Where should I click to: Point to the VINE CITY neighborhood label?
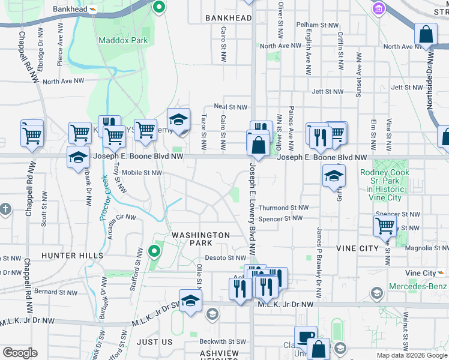pyautogui.click(x=357, y=248)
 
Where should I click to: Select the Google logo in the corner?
pyautogui.click(x=20, y=352)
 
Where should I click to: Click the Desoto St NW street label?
pyautogui.click(x=221, y=258)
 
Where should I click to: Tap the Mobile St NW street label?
pyautogui.click(x=142, y=173)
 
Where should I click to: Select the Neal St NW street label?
pyautogui.click(x=231, y=107)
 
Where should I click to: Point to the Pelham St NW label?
pyautogui.click(x=318, y=25)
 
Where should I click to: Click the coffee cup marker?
pyautogui.click(x=306, y=337)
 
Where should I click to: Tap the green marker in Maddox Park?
pyautogui.click(x=158, y=7)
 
